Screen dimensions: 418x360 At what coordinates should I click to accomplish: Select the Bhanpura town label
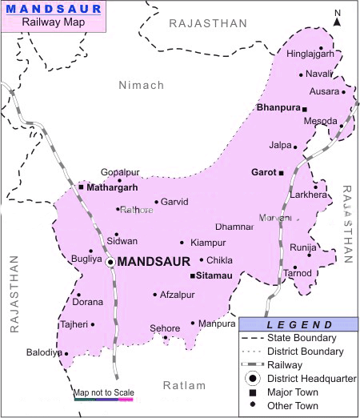[278, 107]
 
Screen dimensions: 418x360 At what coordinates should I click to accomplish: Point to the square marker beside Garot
[281, 171]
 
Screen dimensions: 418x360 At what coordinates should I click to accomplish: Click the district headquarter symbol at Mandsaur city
[110, 262]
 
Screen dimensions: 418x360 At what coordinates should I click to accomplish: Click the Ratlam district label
[184, 385]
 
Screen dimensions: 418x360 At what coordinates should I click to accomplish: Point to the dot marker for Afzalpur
[155, 295]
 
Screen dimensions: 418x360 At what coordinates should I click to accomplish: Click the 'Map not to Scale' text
[104, 392]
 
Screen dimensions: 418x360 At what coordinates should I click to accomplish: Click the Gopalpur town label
[121, 172]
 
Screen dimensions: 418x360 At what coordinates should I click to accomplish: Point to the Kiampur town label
[209, 242]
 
